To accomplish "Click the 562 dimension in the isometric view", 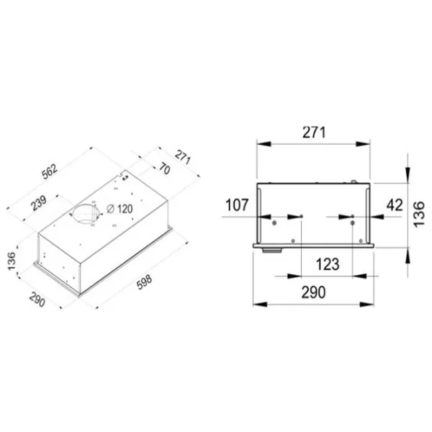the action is pos(50,171).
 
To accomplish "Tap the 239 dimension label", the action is pos(39,203).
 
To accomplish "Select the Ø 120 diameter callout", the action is pos(120,209).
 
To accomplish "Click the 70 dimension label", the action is pos(164,169).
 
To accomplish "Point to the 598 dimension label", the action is pos(145,282).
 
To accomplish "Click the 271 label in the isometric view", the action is pos(183,157).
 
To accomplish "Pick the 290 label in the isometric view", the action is pos(37,300).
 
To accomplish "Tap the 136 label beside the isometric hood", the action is pos(12,261).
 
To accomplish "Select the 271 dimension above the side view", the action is pos(314,132).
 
